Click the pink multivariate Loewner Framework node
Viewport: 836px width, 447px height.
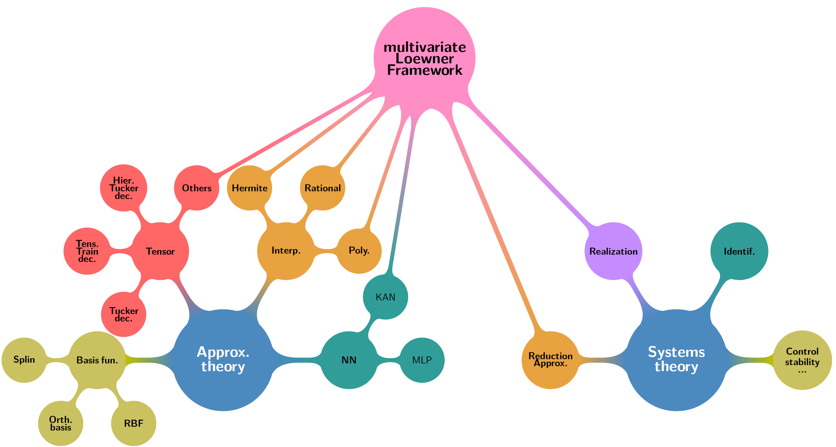tap(424, 58)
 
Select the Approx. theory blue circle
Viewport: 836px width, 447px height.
tap(223, 360)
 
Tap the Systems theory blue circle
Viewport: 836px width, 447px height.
tap(676, 360)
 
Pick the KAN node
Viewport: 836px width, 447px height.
tap(385, 297)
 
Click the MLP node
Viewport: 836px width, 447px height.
tap(422, 360)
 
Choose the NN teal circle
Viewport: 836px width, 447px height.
tap(349, 360)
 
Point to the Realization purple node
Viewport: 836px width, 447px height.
tap(613, 251)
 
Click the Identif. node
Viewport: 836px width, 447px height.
tap(739, 251)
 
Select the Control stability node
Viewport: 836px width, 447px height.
tap(802, 360)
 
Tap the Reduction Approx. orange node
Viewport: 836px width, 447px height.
tap(550, 360)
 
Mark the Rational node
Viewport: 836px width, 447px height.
tap(323, 188)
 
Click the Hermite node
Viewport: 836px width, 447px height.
tap(249, 188)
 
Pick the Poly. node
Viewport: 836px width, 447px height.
tap(359, 251)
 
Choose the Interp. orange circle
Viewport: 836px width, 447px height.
tap(286, 251)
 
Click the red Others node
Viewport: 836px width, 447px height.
tap(197, 188)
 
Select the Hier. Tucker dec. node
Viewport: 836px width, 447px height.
tap(123, 188)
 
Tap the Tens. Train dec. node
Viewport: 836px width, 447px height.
tap(87, 251)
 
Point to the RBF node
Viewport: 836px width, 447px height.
tap(134, 423)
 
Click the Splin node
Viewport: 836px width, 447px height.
tap(24, 360)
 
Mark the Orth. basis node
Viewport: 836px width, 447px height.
tap(61, 423)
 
